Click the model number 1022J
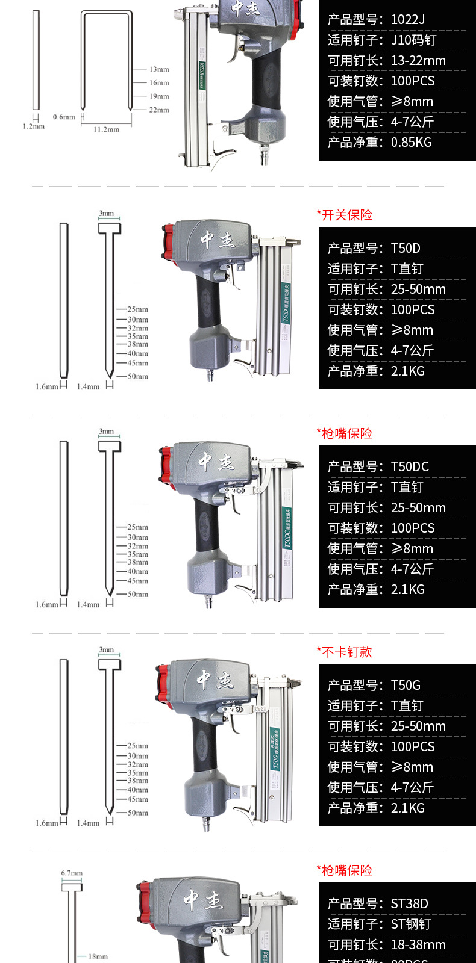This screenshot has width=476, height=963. (x=408, y=20)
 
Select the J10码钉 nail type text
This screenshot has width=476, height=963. (x=413, y=40)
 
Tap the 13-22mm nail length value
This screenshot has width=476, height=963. (x=418, y=61)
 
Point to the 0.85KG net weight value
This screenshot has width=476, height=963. (x=411, y=143)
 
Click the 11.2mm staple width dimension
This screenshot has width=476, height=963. (x=106, y=129)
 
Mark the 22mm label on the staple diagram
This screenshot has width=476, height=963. (x=159, y=110)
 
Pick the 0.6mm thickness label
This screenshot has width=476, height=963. (x=64, y=117)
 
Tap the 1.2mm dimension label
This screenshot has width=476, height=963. (x=34, y=127)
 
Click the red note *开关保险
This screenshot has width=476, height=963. (x=345, y=215)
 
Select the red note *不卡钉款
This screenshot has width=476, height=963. (x=345, y=652)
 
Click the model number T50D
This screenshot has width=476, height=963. (x=406, y=249)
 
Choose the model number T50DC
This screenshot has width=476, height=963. (x=410, y=467)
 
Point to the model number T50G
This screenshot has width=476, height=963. (x=406, y=686)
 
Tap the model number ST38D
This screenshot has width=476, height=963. (x=409, y=904)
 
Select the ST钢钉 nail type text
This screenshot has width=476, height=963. (x=411, y=924)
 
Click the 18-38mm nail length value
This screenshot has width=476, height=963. (x=418, y=945)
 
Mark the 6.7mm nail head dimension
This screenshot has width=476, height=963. (x=72, y=873)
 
